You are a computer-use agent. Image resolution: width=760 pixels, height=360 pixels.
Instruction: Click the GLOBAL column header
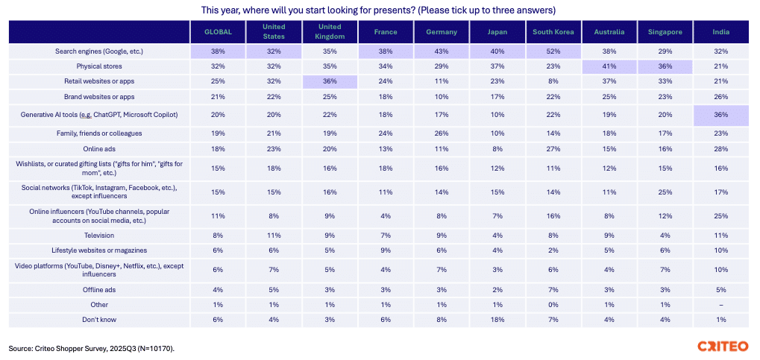(218, 32)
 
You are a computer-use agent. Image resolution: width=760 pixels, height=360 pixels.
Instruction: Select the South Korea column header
(553, 32)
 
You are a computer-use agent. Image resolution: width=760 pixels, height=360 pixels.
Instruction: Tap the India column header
(720, 32)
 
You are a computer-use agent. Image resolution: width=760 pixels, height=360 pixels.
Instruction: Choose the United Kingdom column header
(330, 32)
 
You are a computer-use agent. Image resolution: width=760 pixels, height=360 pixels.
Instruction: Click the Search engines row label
(99, 51)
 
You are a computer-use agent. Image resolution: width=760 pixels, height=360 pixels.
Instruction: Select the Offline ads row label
(99, 289)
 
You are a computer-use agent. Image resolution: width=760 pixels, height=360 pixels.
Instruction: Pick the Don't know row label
(99, 320)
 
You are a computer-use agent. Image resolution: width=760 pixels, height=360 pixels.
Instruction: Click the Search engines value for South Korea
(553, 51)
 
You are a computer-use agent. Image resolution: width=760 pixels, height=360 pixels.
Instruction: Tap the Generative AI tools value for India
(720, 115)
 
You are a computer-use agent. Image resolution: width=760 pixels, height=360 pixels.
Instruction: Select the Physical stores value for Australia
(609, 66)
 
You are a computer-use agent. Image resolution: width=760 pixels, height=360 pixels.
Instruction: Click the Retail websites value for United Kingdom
(330, 80)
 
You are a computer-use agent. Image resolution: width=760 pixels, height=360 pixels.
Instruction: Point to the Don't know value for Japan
(497, 320)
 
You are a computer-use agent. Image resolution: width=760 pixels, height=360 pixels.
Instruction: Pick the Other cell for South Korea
(553, 305)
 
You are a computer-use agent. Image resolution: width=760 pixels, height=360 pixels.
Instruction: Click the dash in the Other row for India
(720, 305)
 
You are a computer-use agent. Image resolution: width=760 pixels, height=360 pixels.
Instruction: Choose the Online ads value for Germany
(442, 149)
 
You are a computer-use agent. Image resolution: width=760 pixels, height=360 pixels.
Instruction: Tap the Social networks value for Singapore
(665, 193)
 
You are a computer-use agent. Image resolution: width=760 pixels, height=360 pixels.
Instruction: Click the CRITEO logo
(723, 347)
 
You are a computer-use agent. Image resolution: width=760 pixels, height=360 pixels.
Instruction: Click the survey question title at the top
(379, 10)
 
